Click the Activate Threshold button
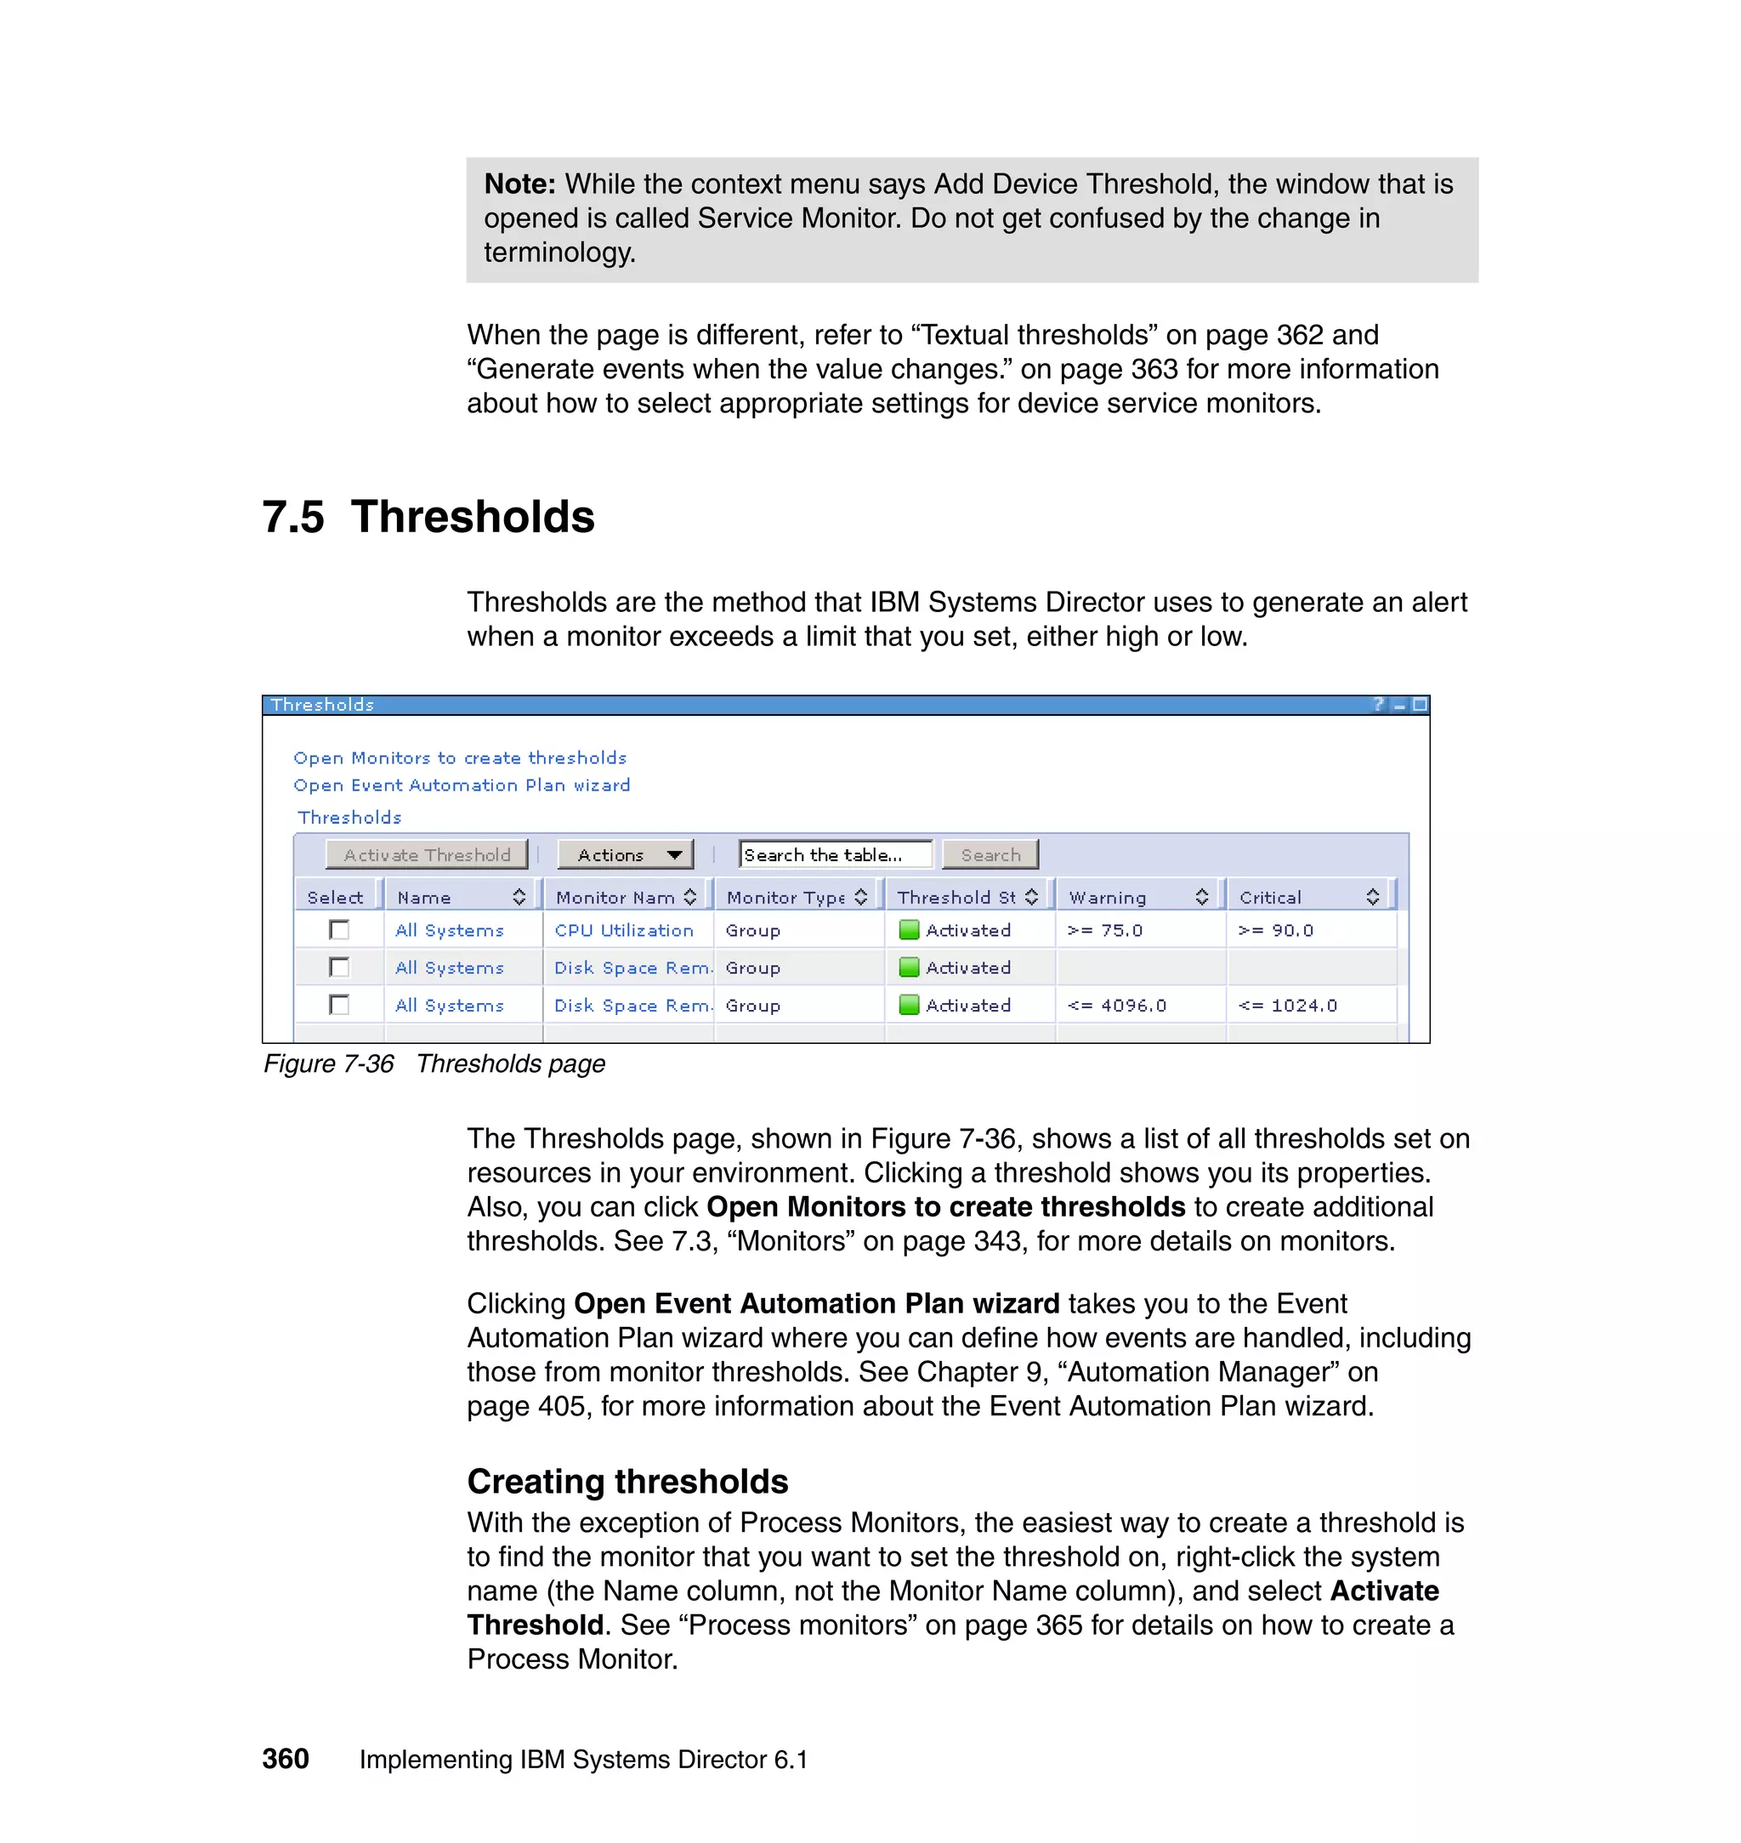pyautogui.click(x=426, y=854)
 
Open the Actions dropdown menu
pyautogui.click(x=626, y=854)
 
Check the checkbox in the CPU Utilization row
pyautogui.click(x=340, y=930)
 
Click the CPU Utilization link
pyautogui.click(x=624, y=930)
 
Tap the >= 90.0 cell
pyautogui.click(x=1276, y=930)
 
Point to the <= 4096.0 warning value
pyautogui.click(x=1116, y=1005)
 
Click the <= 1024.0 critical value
pyautogui.click(x=1287, y=1005)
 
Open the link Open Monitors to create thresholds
pyautogui.click(x=459, y=758)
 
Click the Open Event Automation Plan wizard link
pyautogui.click(x=462, y=785)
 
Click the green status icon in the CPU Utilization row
pyautogui.click(x=910, y=930)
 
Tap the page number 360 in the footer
pyautogui.click(x=285, y=1759)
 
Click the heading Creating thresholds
pyautogui.click(x=627, y=1482)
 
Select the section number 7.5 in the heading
pyautogui.click(x=293, y=517)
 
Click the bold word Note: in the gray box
pyautogui.click(x=519, y=184)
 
